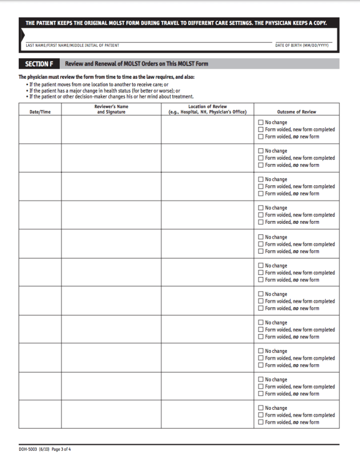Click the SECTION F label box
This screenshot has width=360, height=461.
point(39,64)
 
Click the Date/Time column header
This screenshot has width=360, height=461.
point(40,112)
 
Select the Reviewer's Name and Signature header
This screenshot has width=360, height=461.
point(111,109)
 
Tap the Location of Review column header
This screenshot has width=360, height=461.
point(207,109)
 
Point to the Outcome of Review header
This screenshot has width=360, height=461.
point(297,112)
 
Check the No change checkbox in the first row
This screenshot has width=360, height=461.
point(261,123)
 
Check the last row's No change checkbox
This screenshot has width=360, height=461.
point(261,408)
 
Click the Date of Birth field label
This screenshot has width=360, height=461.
point(302,45)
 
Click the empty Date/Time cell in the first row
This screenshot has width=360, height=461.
point(40,130)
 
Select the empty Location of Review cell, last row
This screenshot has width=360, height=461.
point(207,414)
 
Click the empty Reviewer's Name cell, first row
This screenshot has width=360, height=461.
point(111,130)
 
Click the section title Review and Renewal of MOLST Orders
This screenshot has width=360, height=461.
point(137,64)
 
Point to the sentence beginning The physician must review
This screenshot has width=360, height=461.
point(107,78)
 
